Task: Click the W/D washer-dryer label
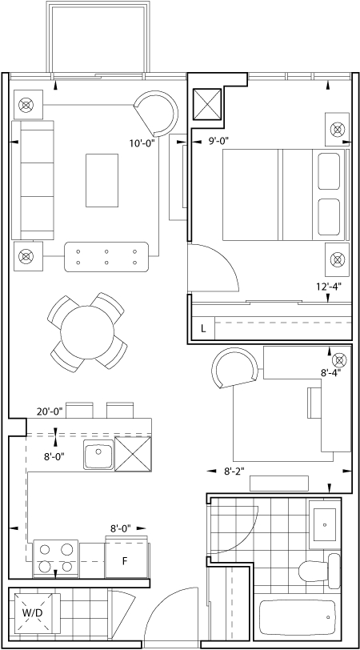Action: pyautogui.click(x=32, y=612)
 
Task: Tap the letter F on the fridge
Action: pyautogui.click(x=124, y=561)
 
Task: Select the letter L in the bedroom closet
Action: pyautogui.click(x=203, y=329)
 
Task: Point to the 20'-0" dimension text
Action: pyautogui.click(x=50, y=411)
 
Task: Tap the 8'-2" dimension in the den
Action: pyautogui.click(x=234, y=471)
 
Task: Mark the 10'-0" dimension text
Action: pyautogui.click(x=142, y=143)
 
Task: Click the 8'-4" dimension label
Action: pyautogui.click(x=330, y=372)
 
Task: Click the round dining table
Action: pyautogui.click(x=87, y=332)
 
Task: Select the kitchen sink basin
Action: pyautogui.click(x=98, y=455)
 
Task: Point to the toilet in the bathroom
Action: pyautogui.click(x=319, y=571)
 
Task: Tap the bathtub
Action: pyautogui.click(x=298, y=617)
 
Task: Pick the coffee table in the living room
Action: pyautogui.click(x=102, y=180)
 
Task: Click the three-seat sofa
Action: pyautogui.click(x=33, y=180)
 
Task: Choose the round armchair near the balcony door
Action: pyautogui.click(x=156, y=113)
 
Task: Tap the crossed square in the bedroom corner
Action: pyautogui.click(x=207, y=103)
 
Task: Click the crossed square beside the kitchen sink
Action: pyautogui.click(x=133, y=454)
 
